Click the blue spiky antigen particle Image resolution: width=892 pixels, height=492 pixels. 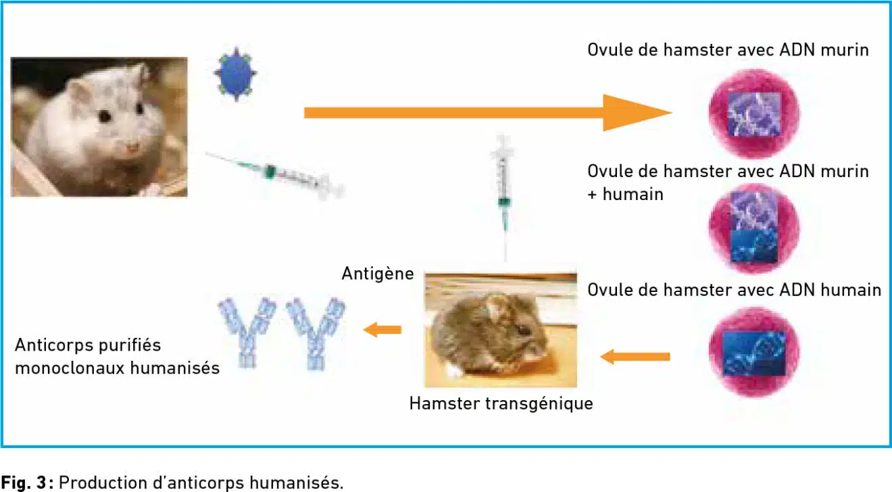(x=235, y=74)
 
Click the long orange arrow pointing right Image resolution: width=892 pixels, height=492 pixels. (x=488, y=113)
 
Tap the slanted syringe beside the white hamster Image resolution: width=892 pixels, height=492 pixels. (x=275, y=174)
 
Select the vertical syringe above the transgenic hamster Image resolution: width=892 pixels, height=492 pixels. (x=503, y=197)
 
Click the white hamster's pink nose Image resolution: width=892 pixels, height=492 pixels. (x=133, y=148)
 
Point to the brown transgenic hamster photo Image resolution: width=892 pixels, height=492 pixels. (x=501, y=330)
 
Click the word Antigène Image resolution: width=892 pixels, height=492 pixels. (x=378, y=274)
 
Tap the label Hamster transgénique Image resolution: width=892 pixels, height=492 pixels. (x=501, y=403)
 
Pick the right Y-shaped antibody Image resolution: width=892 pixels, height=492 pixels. (x=316, y=333)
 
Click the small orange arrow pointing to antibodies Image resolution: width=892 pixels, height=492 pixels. (x=382, y=330)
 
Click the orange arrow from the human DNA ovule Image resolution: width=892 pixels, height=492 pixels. (x=635, y=357)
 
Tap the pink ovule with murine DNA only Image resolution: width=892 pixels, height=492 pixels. (x=754, y=114)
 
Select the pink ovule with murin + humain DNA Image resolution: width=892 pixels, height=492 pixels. (x=754, y=228)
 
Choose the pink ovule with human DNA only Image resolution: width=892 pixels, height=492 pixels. (x=754, y=352)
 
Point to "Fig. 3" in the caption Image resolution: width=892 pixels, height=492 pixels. (x=25, y=483)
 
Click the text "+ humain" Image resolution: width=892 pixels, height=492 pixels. (x=625, y=195)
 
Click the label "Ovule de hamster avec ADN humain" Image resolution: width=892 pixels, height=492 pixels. (x=735, y=290)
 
